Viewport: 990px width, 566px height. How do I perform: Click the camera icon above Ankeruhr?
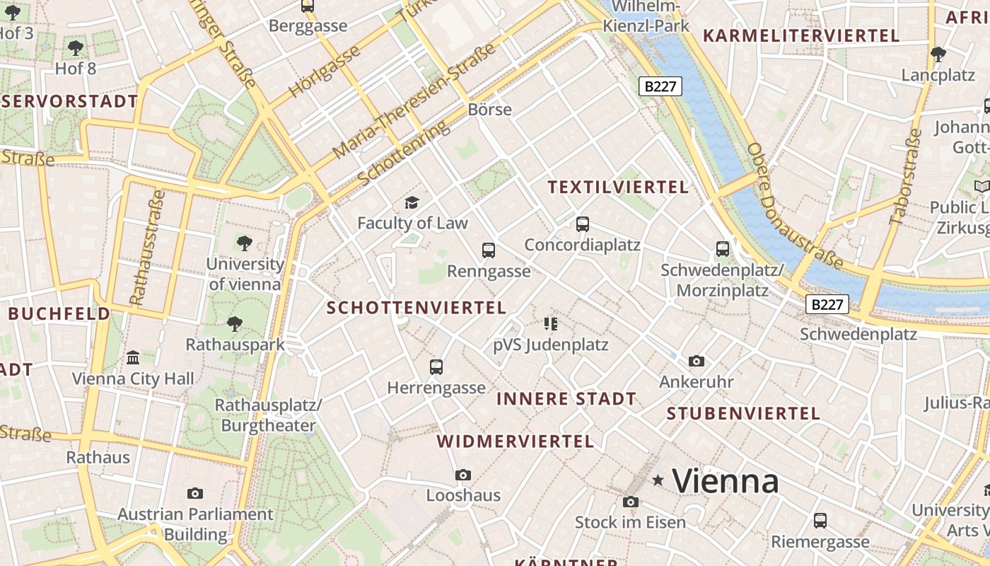(697, 362)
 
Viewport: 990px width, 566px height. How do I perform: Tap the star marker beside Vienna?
(658, 481)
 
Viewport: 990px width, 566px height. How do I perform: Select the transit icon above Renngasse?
(489, 250)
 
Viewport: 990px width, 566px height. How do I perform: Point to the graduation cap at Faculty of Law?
(412, 203)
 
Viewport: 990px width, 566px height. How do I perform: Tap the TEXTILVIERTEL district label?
(618, 187)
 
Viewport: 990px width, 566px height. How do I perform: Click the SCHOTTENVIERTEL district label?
(417, 308)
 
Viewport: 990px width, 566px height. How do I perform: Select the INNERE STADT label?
(566, 398)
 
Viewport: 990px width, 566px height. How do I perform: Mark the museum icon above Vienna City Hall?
(133, 357)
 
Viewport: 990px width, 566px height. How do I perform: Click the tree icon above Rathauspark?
(235, 324)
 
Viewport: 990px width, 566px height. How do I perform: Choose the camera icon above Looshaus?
(463, 475)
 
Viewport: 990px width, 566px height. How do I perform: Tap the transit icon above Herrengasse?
(436, 367)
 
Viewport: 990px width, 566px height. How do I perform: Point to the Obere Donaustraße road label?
(794, 206)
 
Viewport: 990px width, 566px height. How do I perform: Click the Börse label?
(489, 110)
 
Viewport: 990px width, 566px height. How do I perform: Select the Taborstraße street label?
(906, 177)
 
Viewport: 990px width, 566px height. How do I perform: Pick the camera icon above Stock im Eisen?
(630, 502)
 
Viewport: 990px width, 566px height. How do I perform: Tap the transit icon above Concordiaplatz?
(583, 224)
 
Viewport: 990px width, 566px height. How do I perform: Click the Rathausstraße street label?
(148, 247)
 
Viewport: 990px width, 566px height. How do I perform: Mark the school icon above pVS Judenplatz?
(551, 324)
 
